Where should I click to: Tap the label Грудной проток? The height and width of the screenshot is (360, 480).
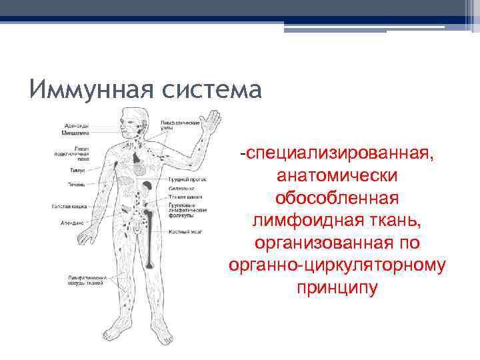click(x=187, y=179)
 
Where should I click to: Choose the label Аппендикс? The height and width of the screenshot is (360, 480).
click(x=72, y=222)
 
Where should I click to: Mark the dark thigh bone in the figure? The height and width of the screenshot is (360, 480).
click(x=152, y=221)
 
